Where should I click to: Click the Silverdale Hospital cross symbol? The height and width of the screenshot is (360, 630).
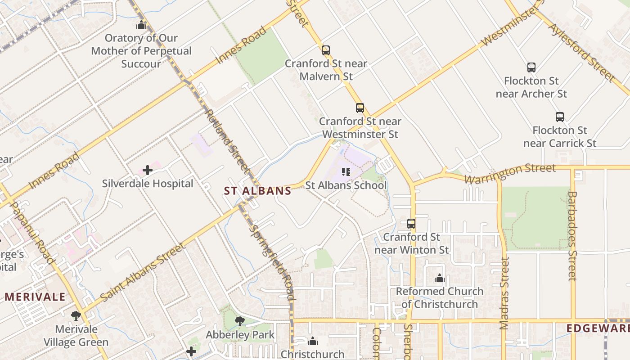(147, 170)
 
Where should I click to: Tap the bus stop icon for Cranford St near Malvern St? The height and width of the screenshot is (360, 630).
(325, 50)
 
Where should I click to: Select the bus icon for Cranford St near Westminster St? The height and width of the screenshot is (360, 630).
(360, 108)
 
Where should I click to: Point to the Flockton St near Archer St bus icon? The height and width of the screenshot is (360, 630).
(531, 67)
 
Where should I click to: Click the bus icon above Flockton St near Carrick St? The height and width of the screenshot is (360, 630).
(559, 117)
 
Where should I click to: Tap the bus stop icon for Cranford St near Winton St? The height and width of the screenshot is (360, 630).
(411, 223)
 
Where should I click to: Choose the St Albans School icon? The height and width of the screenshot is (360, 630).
(346, 171)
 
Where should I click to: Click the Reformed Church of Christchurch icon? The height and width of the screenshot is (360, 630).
(439, 279)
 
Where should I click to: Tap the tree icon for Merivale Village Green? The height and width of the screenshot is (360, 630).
(76, 316)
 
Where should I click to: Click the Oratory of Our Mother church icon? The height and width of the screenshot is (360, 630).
(141, 25)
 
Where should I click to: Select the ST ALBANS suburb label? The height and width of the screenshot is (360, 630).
(258, 191)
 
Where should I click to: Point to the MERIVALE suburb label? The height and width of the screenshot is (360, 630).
(35, 297)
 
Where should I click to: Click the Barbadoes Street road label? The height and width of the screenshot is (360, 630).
(572, 236)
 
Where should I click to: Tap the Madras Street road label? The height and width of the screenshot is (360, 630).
(504, 293)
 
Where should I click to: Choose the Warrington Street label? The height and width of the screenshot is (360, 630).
(510, 173)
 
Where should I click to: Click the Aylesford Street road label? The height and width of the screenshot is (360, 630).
(581, 52)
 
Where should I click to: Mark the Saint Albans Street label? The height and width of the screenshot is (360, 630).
(143, 273)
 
